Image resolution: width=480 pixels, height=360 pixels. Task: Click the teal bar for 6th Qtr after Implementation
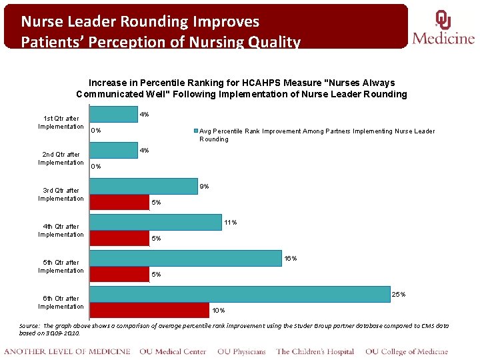(240, 294)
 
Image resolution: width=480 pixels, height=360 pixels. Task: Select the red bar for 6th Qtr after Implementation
(150, 310)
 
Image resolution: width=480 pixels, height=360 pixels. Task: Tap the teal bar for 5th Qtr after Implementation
(186, 258)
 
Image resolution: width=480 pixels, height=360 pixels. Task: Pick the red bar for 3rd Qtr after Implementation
(119, 202)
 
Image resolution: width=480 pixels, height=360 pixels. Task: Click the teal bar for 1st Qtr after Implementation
(114, 115)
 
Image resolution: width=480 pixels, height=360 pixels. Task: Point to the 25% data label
(399, 294)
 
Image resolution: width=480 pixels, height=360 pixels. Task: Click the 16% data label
(291, 258)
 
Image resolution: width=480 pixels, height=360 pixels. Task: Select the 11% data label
(231, 222)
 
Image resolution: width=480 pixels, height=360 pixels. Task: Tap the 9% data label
(205, 186)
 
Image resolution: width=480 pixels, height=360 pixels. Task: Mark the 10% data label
(219, 310)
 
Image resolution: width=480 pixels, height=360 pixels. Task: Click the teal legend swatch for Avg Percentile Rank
(195, 131)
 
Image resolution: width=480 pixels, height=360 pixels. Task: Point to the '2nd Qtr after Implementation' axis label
(61, 159)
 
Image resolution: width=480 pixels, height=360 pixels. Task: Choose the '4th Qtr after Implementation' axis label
(61, 231)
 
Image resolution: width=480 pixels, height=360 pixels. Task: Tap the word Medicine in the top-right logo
(443, 38)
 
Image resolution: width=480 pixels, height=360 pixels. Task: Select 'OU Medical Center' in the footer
(173, 351)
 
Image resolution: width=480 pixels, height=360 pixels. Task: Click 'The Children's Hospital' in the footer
(315, 351)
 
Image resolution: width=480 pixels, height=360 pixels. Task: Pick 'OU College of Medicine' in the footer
(407, 351)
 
